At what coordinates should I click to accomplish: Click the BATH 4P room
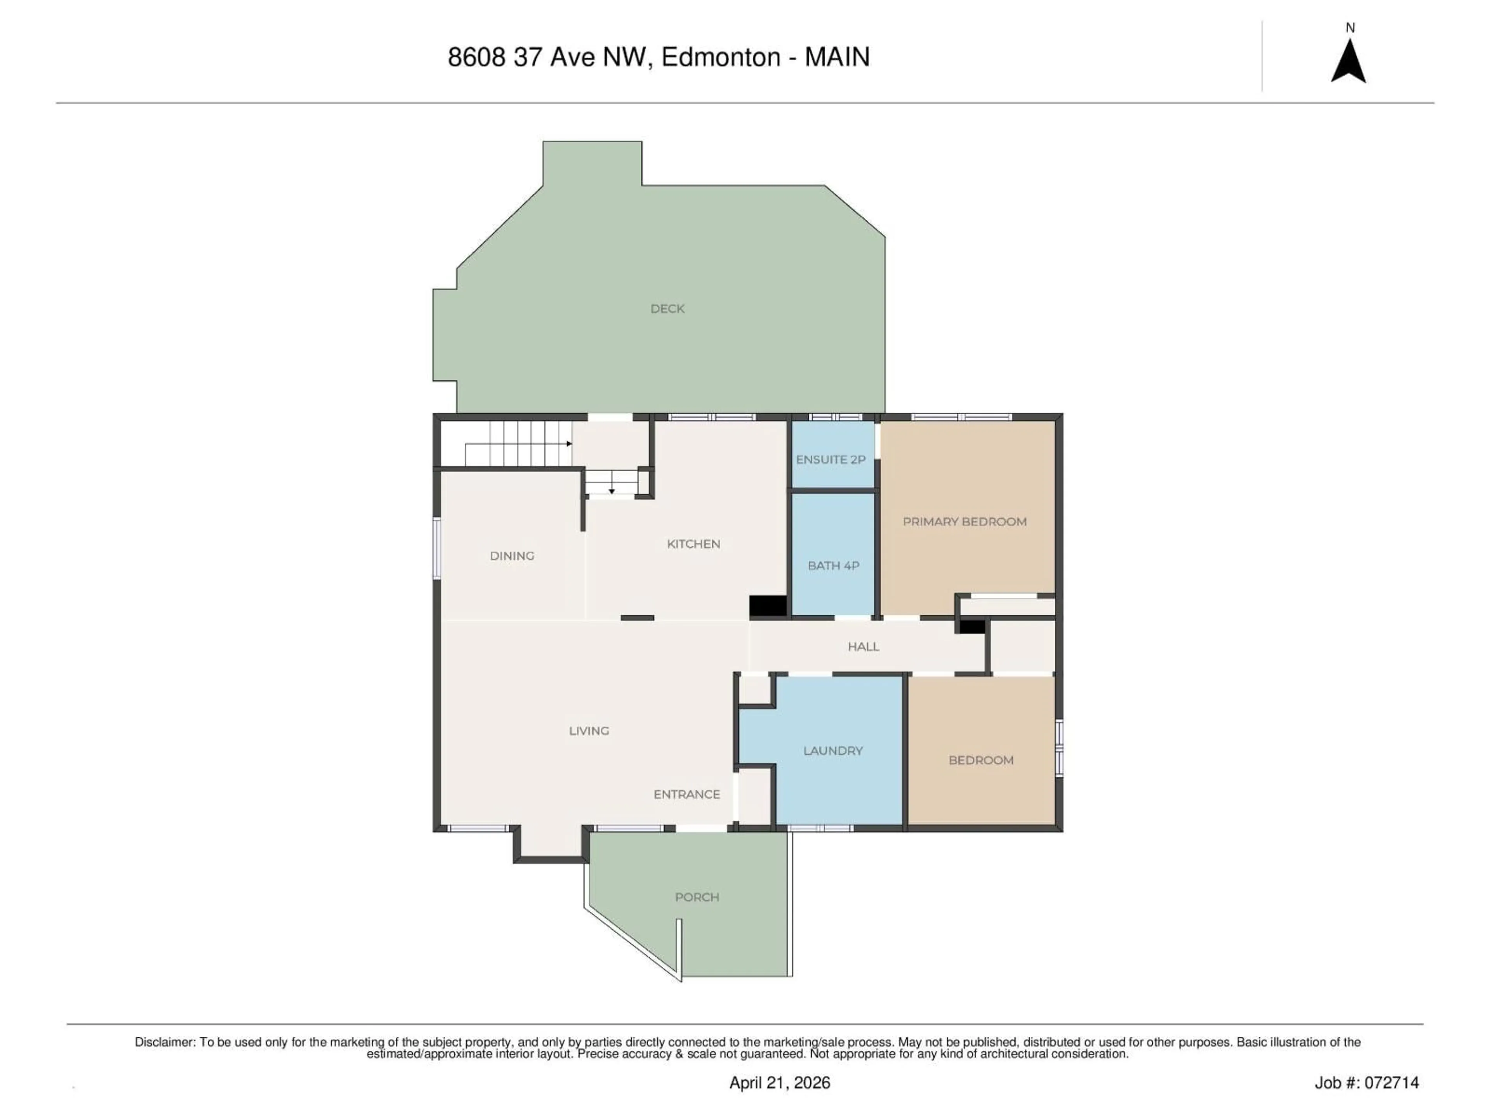[x=833, y=565]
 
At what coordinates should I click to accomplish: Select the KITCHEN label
[x=693, y=544]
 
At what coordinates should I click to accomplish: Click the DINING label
[x=512, y=556]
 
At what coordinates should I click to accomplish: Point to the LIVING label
[x=589, y=731]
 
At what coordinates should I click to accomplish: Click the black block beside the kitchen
[x=768, y=606]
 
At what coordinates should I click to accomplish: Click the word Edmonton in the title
[x=721, y=57]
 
